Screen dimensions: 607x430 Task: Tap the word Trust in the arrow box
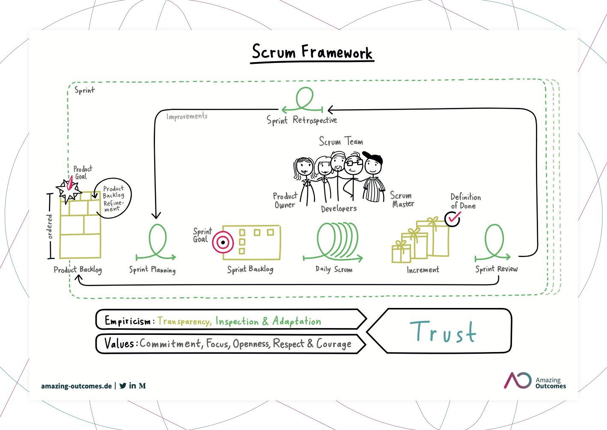443,331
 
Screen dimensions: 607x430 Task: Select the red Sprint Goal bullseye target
223,242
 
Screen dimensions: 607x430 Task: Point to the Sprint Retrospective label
302,120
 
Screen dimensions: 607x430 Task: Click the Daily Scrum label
334,269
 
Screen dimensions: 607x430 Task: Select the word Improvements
187,116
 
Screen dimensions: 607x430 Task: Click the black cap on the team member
373,157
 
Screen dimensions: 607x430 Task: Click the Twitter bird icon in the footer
123,385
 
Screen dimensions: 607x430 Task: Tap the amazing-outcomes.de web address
77,386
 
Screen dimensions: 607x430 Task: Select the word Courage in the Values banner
334,344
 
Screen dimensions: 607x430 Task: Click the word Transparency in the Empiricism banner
184,321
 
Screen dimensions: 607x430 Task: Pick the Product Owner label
285,200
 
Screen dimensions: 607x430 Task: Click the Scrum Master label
402,199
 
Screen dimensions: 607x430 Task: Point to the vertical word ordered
49,227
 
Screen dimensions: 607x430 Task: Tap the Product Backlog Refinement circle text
113,198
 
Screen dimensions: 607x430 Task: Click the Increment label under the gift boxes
423,270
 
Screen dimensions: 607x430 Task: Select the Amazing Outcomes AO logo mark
518,380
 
